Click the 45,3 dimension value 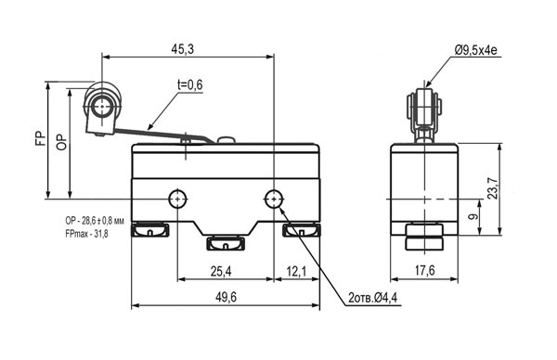[183, 49]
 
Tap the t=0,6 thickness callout [190, 84]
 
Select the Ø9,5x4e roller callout [475, 50]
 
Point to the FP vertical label [41, 138]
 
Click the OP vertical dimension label [61, 142]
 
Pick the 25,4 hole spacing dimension [221, 272]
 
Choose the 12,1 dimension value [296, 272]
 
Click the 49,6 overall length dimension [226, 297]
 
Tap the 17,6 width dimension [425, 271]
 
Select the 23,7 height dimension [493, 187]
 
